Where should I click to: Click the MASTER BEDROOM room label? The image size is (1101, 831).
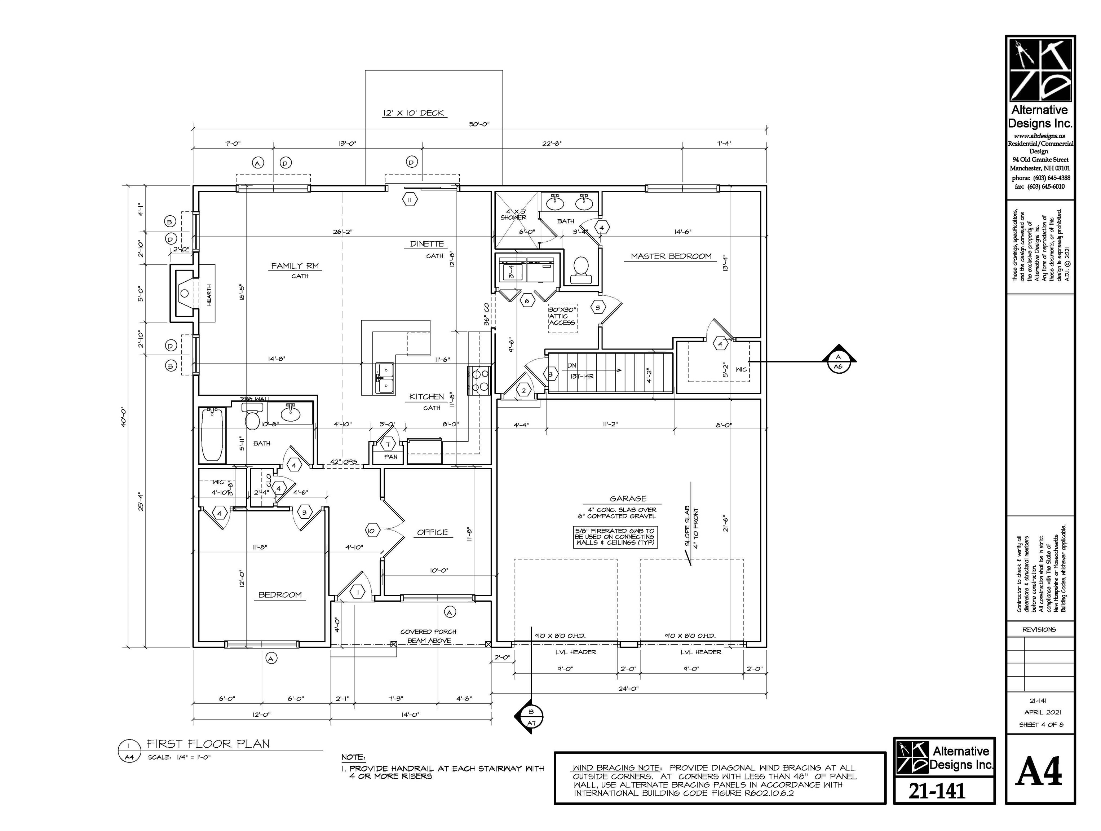point(671,256)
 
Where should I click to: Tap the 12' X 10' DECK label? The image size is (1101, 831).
point(413,113)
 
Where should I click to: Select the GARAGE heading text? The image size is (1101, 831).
point(628,498)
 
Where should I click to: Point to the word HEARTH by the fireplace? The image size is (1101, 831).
point(209,295)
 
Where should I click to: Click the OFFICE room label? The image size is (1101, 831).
point(432,532)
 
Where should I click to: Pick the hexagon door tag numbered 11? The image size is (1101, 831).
point(410,200)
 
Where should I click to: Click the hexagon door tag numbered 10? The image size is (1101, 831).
point(371,531)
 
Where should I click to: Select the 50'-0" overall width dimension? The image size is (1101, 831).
point(479,124)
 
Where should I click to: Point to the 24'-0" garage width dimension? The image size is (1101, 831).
point(628,689)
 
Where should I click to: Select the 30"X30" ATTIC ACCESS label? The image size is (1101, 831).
point(562,316)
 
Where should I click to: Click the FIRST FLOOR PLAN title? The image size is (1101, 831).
point(208,744)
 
